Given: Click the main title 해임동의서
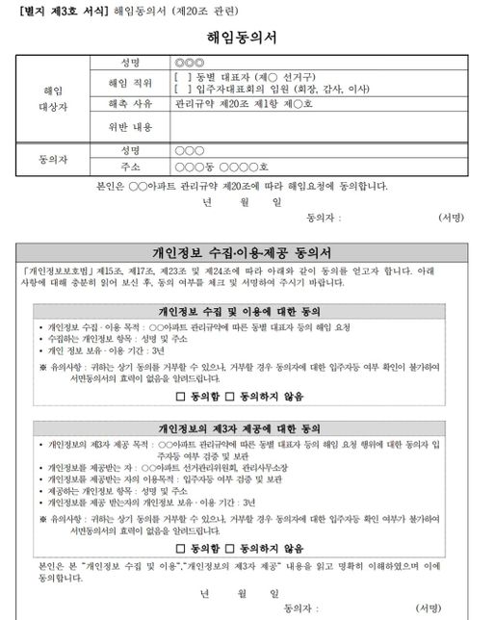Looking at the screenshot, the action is (247, 39).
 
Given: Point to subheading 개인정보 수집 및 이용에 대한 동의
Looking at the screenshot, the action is (246, 313).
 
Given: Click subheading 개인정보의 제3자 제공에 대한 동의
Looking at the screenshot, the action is (246, 426).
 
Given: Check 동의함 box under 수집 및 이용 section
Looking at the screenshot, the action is (181, 396).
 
